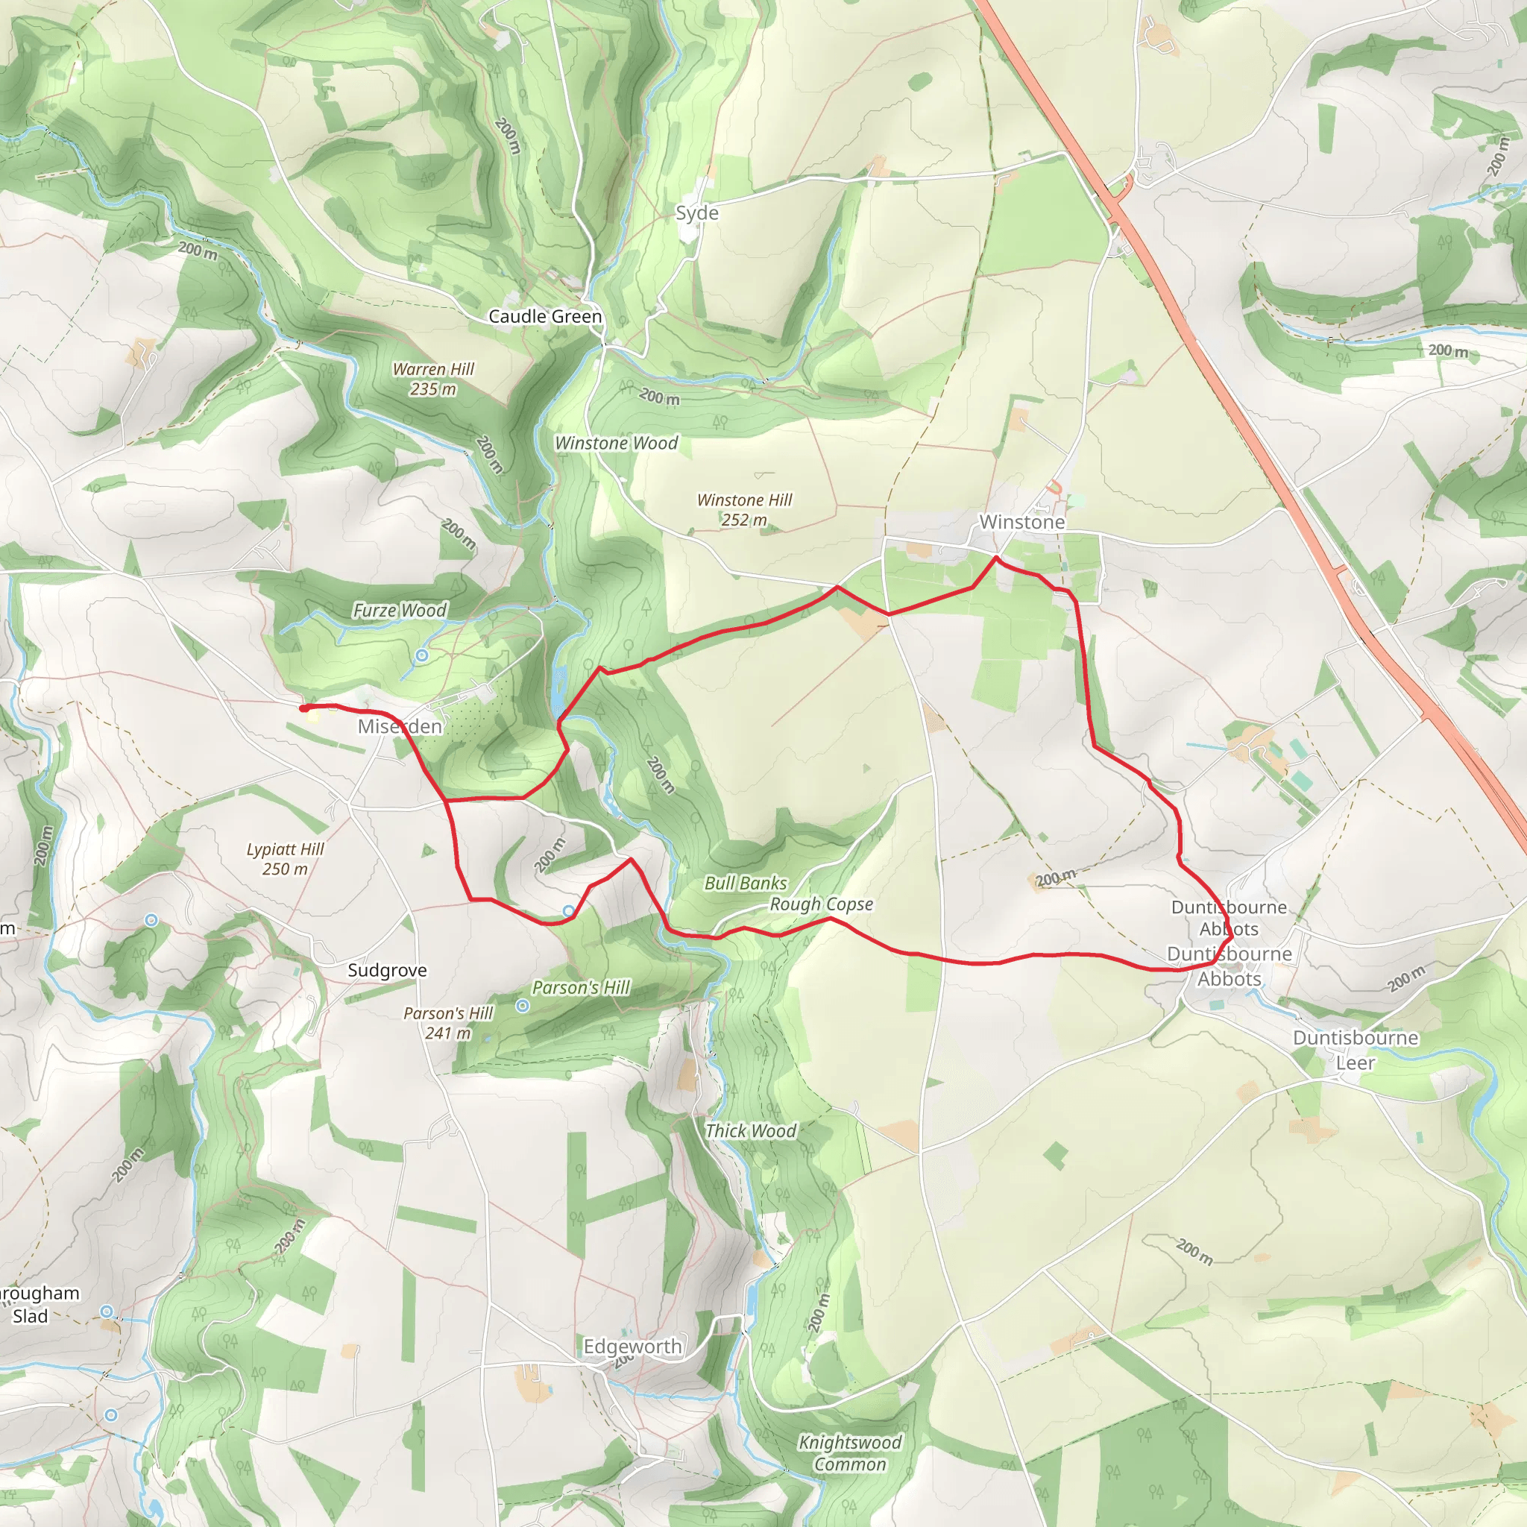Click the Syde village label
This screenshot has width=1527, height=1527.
click(x=696, y=212)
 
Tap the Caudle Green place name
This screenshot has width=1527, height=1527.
click(x=544, y=316)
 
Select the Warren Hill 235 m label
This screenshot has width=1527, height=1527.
click(x=433, y=379)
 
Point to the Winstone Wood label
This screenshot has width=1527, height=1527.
click(x=616, y=443)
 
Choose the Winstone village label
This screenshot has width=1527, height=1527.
click(x=1021, y=522)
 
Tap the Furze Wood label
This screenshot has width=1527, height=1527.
click(x=399, y=609)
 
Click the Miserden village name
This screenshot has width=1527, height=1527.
click(x=399, y=725)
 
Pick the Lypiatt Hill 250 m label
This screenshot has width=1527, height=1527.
click(x=286, y=858)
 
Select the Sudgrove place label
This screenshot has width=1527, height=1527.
click(x=387, y=970)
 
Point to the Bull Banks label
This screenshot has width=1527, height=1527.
click(x=746, y=883)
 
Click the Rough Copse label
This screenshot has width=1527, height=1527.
click(x=821, y=904)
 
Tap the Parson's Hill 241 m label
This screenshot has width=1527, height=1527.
click(x=447, y=1023)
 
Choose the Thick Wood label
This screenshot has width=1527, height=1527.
click(x=750, y=1130)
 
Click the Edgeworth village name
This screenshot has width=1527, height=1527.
click(x=632, y=1346)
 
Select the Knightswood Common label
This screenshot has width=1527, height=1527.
click(x=850, y=1452)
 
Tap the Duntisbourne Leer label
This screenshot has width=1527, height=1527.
click(x=1355, y=1050)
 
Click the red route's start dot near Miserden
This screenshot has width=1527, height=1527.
click(x=303, y=708)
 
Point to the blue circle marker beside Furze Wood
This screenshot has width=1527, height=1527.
click(x=422, y=655)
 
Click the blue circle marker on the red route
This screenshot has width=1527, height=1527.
click(x=568, y=911)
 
